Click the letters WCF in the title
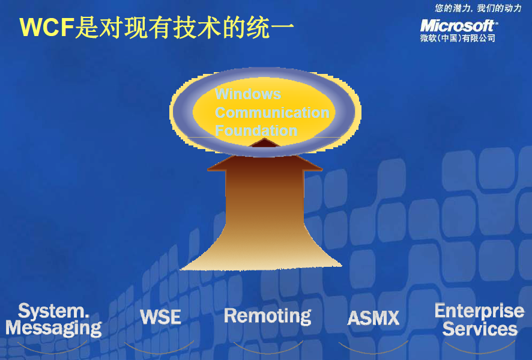click(47, 27)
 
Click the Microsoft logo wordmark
click(459, 26)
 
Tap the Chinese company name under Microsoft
click(458, 38)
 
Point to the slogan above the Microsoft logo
click(478, 8)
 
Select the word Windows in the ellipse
click(248, 94)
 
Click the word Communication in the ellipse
click(272, 112)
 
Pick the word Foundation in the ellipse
click(256, 130)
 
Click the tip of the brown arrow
click(265, 138)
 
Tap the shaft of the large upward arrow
click(265, 204)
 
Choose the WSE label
click(160, 317)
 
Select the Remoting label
click(267, 316)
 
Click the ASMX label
click(373, 318)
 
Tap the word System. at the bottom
click(53, 311)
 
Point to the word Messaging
click(53, 328)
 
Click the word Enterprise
click(479, 311)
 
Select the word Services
click(480, 328)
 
